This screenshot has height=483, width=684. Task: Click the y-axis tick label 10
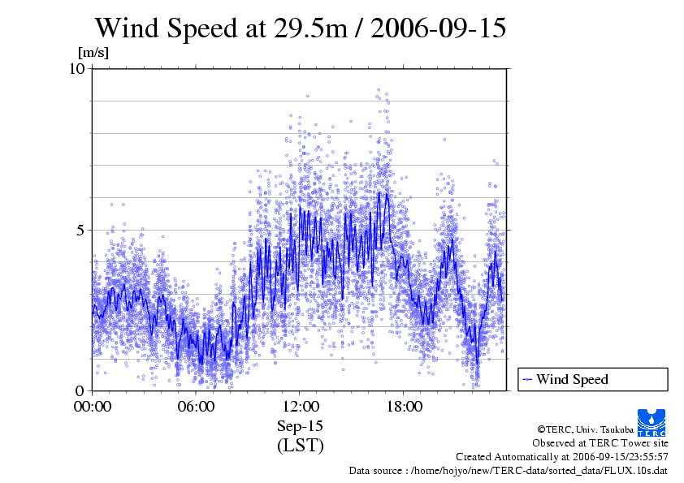77,68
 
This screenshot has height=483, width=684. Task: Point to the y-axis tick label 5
81,230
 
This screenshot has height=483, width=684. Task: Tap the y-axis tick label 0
81,390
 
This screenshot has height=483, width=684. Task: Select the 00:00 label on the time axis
93,407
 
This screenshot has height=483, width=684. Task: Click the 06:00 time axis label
197,407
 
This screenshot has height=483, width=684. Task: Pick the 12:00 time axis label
300,407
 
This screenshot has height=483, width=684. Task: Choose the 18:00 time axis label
404,407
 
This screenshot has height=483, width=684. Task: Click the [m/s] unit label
93,53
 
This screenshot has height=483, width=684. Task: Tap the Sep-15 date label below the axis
300,426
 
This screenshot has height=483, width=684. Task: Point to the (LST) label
300,446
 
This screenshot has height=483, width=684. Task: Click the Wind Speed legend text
572,379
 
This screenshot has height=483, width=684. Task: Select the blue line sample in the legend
527,379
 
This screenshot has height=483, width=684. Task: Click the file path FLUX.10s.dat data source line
509,470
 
